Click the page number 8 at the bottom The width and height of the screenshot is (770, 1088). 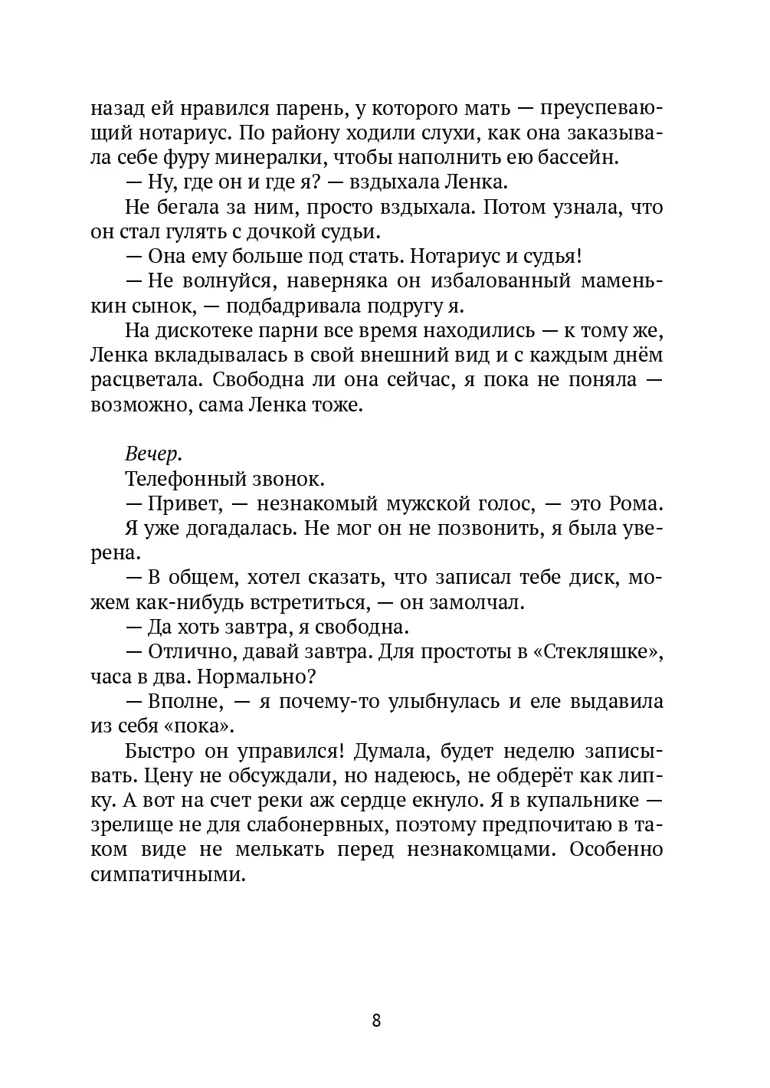click(x=376, y=1021)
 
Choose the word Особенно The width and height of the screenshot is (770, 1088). click(x=618, y=849)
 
